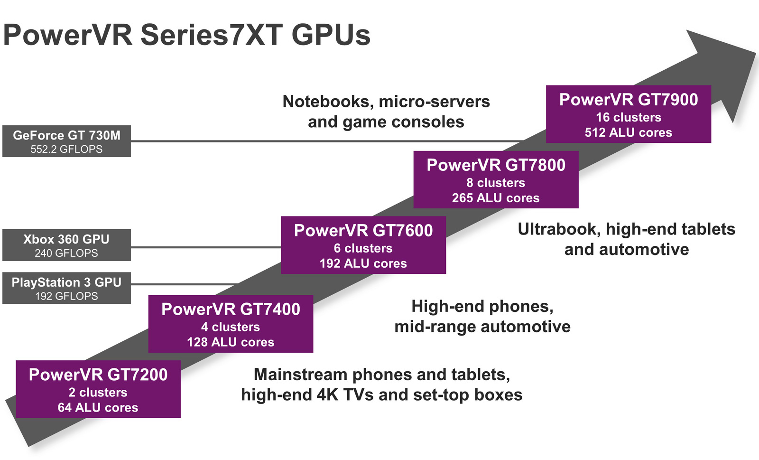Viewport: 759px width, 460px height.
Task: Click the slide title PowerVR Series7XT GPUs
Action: click(186, 35)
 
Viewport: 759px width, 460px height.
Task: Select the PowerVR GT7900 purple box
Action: click(628, 114)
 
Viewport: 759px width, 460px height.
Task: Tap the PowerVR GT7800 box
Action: click(496, 179)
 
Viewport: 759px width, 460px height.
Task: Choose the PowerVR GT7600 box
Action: click(363, 245)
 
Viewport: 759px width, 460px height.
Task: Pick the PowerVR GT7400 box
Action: click(231, 324)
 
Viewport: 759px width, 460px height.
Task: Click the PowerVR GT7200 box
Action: click(98, 389)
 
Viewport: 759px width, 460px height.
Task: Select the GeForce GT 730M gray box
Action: click(66, 141)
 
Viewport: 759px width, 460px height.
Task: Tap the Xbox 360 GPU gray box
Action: click(66, 245)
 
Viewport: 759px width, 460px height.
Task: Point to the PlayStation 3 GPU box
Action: click(66, 288)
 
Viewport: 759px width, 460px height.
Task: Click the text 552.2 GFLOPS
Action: click(66, 149)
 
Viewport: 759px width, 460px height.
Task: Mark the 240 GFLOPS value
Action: click(66, 253)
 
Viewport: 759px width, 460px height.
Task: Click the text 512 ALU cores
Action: click(628, 132)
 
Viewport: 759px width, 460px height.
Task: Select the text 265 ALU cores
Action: click(496, 198)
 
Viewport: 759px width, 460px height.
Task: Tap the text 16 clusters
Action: click(628, 117)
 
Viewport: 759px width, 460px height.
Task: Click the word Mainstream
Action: click(300, 375)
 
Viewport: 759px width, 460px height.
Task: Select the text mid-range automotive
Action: click(482, 327)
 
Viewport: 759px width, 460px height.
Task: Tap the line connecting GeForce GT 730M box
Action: click(327, 141)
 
